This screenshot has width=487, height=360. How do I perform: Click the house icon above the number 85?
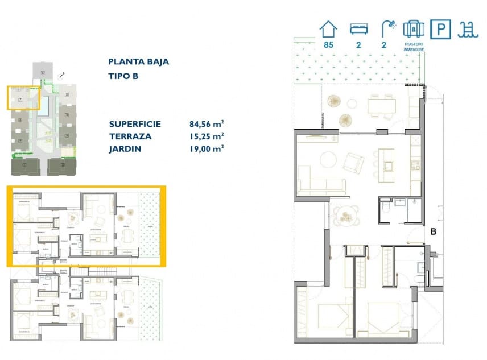328,28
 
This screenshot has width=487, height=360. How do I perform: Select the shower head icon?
389,27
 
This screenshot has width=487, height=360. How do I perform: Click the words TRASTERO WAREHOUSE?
414,47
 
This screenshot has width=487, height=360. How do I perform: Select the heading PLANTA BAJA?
138,62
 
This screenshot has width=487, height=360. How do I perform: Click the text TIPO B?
123,76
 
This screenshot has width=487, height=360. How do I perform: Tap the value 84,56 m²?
206,124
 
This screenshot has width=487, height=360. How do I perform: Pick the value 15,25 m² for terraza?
206,136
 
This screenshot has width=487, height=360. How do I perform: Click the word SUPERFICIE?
135,124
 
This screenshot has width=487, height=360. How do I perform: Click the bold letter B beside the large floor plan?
433,231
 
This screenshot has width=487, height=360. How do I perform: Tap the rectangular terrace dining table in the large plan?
381,105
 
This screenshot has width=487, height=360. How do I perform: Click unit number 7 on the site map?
20,100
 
